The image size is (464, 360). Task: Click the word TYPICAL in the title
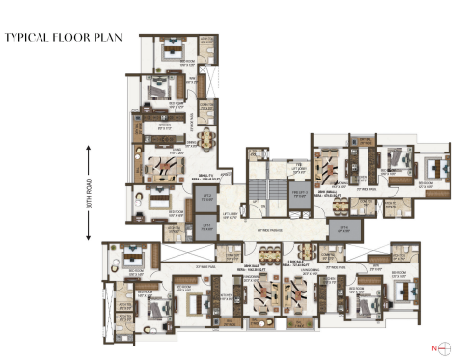point(26,39)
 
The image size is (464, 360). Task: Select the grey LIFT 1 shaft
point(205,200)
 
